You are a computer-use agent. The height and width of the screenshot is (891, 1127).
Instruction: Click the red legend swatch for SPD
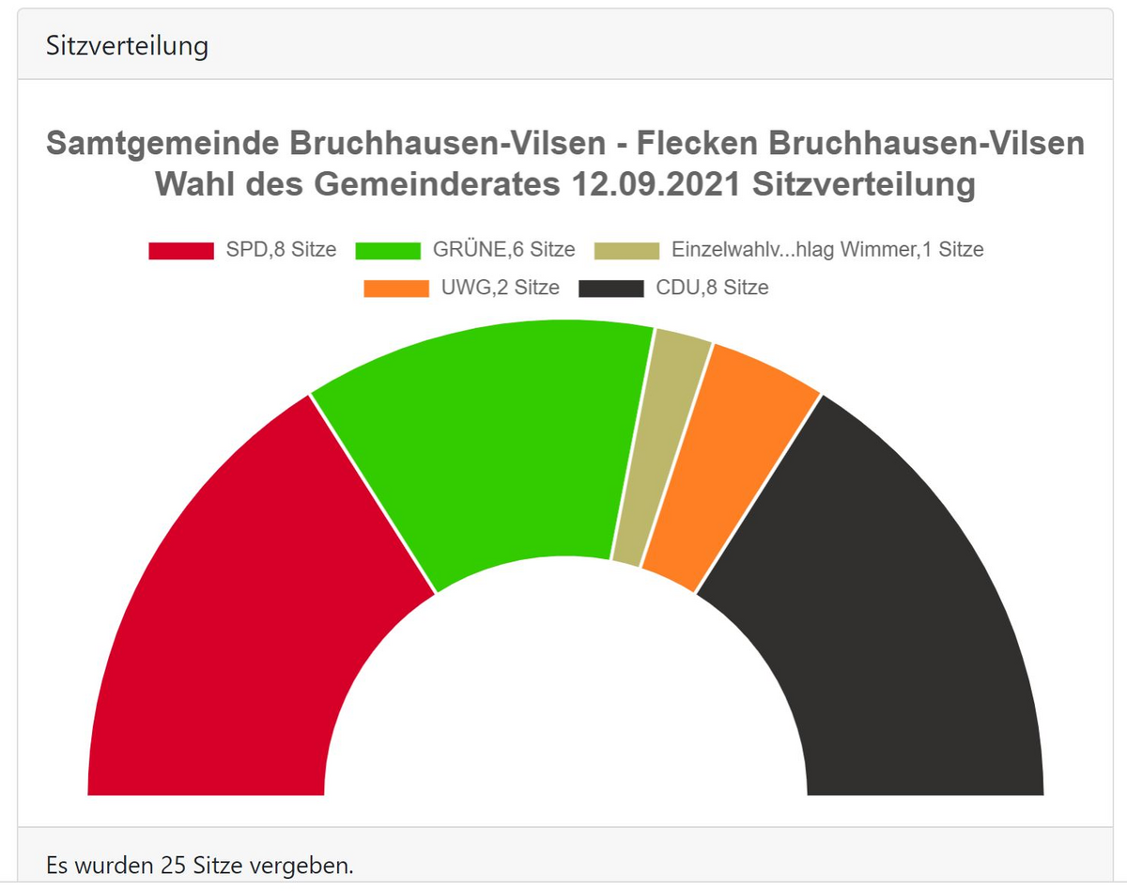click(x=181, y=251)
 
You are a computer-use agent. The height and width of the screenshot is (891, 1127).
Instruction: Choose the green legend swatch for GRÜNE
click(x=388, y=251)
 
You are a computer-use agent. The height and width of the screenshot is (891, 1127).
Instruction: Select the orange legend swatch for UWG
click(x=395, y=289)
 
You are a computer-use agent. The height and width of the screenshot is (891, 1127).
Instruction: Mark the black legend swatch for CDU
click(x=610, y=289)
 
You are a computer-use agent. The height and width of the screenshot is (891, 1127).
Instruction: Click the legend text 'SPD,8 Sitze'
click(x=281, y=251)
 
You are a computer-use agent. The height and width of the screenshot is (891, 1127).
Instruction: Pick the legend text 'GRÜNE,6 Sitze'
click(x=503, y=251)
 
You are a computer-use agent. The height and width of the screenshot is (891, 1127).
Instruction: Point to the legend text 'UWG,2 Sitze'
click(x=500, y=289)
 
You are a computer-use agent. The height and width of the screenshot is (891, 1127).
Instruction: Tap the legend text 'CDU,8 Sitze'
click(x=712, y=289)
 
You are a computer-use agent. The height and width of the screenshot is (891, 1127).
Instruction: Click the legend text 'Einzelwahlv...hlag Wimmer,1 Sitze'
click(x=827, y=251)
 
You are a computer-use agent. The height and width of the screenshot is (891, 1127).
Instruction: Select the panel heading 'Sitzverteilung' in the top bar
click(x=127, y=46)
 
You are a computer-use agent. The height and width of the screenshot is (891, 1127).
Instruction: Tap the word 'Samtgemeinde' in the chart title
click(x=161, y=144)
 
